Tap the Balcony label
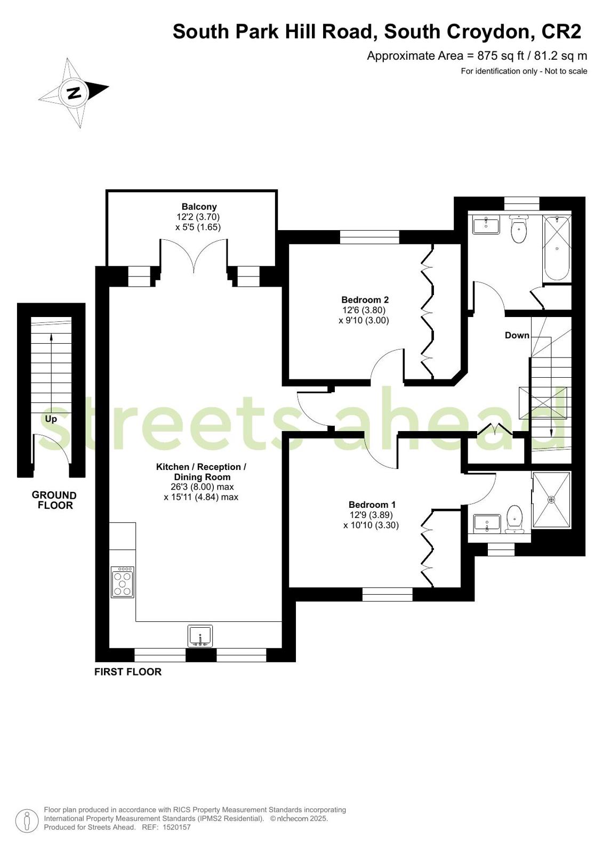click(199, 207)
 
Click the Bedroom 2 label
click(365, 300)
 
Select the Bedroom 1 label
click(372, 505)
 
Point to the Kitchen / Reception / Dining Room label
click(202, 472)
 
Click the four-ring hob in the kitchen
click(123, 582)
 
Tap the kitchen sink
click(200, 636)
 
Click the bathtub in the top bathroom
click(557, 249)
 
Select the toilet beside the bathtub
click(518, 228)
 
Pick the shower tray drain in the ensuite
click(552, 499)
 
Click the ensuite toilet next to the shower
click(514, 519)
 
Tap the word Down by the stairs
click(517, 335)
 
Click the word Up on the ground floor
click(51, 419)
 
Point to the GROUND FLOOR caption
click(54, 500)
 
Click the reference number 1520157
click(176, 827)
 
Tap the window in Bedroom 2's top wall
click(369, 237)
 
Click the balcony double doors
click(194, 254)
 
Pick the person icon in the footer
click(27, 820)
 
